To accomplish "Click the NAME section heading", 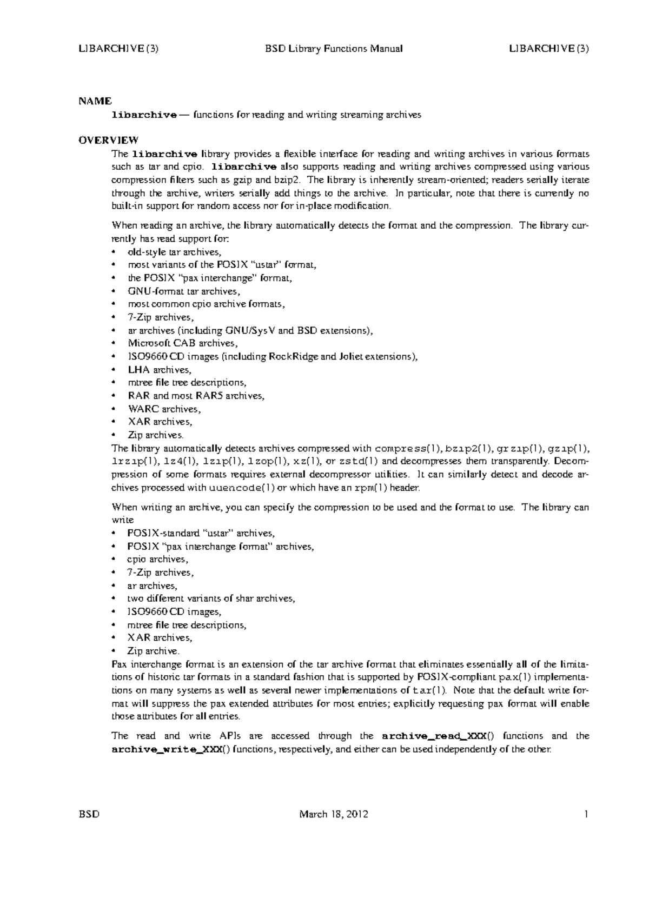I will pos(95,101).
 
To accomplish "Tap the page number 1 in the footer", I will pos(586,814).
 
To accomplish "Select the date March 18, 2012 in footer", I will pos(334,814).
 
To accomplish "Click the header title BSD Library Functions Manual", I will pos(334,49).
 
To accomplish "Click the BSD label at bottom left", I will pos(89,814).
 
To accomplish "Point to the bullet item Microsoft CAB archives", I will pos(182,343).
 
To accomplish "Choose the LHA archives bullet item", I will pos(159,370).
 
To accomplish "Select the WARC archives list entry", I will pos(164,409).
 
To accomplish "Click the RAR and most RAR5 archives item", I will pos(196,396).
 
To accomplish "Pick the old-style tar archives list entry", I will pos(174,252).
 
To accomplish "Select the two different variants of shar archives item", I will pos(211,598).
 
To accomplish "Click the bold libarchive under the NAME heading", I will pos(144,115).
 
